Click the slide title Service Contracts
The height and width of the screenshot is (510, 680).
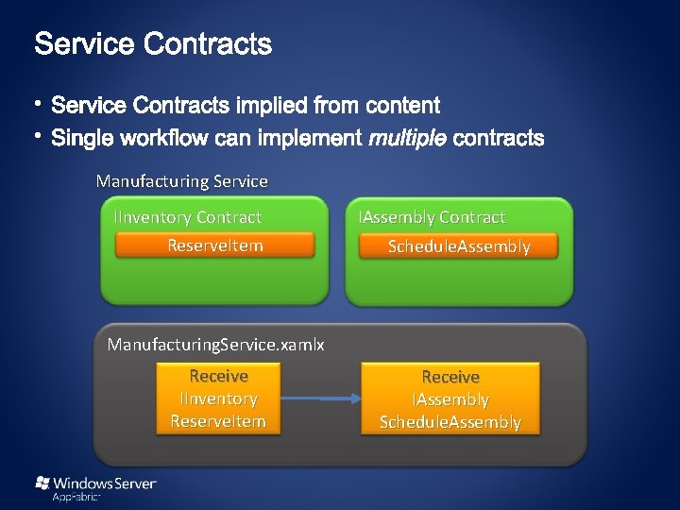click(153, 43)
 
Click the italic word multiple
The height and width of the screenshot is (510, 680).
click(408, 139)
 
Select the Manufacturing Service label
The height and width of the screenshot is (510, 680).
click(182, 180)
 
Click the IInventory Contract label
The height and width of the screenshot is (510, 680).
click(188, 217)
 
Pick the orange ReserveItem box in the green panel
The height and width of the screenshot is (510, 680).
click(214, 246)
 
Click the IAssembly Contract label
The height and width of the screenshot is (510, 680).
click(433, 217)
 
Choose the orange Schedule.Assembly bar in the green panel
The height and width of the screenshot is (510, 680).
click(459, 246)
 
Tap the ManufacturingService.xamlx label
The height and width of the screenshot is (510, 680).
click(216, 344)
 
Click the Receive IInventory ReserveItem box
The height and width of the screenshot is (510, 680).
click(218, 399)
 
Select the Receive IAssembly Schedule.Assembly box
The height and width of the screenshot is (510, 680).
click(450, 399)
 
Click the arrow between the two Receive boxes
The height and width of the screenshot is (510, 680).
click(321, 399)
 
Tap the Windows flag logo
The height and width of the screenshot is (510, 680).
click(42, 483)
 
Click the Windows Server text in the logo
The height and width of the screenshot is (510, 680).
click(105, 483)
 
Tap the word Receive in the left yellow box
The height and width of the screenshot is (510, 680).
click(218, 376)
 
